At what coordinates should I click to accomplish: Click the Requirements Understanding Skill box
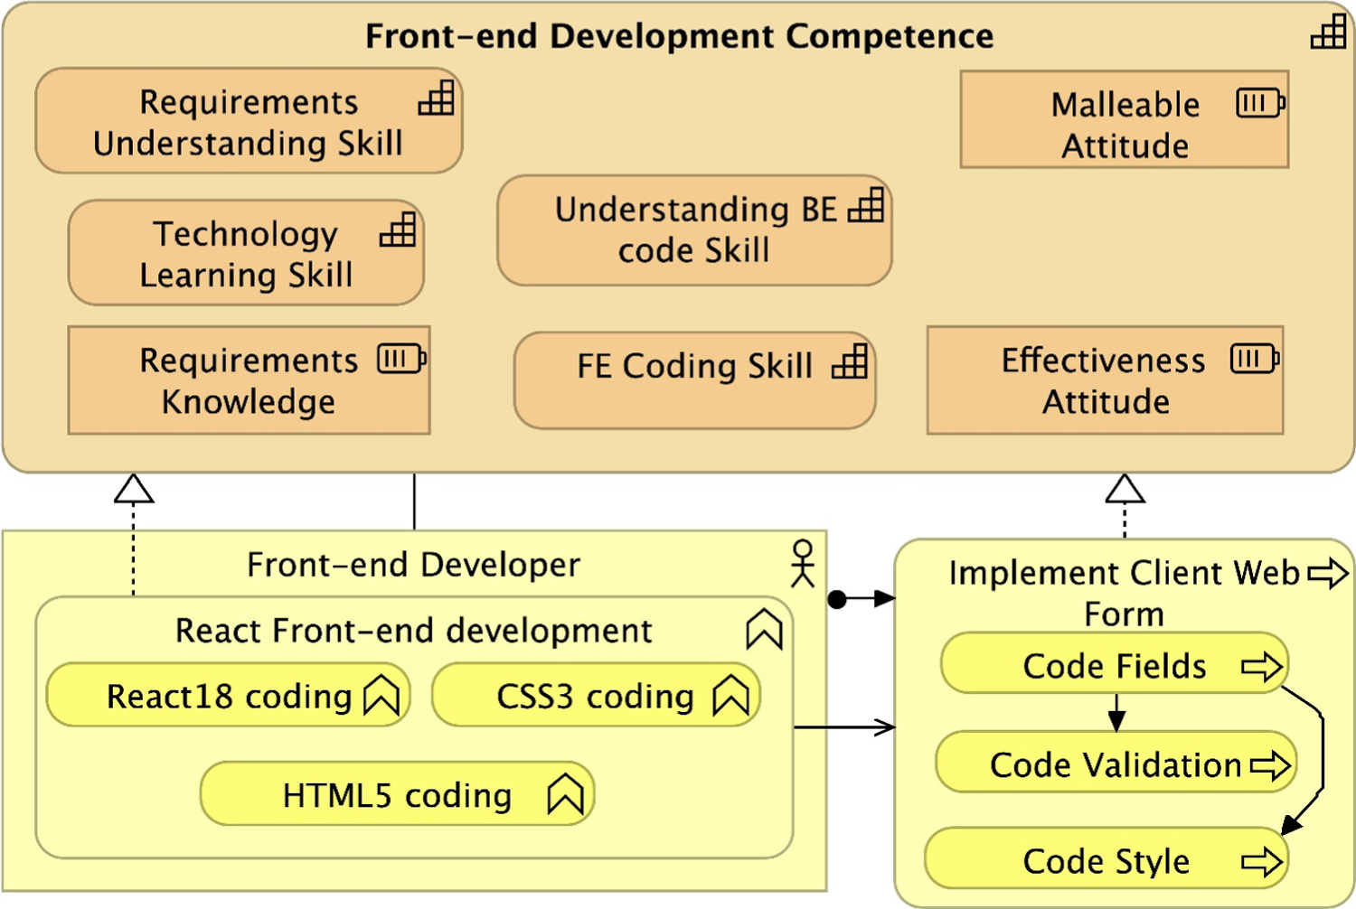pos(249,121)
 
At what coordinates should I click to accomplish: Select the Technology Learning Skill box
pos(246,253)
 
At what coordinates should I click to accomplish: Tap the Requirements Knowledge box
pos(249,380)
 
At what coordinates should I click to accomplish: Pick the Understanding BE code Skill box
pos(694,230)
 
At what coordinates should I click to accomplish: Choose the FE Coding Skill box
pos(694,380)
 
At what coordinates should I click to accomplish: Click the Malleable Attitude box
pos(1124,120)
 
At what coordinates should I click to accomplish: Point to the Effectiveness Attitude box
pos(1105,380)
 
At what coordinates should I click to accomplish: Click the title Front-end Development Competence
pos(679,36)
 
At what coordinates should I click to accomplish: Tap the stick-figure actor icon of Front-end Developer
pos(802,563)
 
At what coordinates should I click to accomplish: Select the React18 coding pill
pos(228,696)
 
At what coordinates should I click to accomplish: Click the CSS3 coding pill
pos(596,696)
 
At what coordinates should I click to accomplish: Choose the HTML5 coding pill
pos(397,794)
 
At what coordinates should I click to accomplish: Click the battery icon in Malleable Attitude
pos(1260,103)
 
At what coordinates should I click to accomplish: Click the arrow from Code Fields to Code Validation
pos(1116,712)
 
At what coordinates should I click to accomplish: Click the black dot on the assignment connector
pos(838,598)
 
